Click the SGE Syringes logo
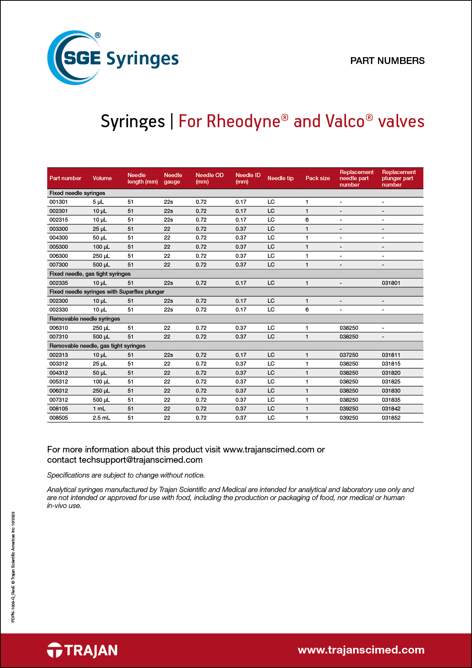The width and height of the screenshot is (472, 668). (113, 58)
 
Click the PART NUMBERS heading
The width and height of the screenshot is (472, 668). (387, 61)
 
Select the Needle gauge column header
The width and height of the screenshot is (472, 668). (173, 178)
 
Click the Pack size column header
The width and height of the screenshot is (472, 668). (317, 178)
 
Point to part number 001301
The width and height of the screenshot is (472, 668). (59, 202)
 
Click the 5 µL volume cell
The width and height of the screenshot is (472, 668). (98, 202)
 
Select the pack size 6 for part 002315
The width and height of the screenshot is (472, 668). (307, 220)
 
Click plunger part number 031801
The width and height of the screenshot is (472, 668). (391, 283)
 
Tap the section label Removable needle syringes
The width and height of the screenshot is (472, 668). (85, 319)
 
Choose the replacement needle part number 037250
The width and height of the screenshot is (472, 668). (349, 355)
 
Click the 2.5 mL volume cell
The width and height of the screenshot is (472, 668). (101, 418)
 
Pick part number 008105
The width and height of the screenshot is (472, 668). (59, 409)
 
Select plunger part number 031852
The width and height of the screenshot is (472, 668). (391, 418)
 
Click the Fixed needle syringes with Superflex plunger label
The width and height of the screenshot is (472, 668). (107, 292)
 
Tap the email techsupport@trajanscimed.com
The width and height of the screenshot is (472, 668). (140, 460)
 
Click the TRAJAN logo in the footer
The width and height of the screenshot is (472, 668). (82, 650)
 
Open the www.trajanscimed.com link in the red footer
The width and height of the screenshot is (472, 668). (361, 650)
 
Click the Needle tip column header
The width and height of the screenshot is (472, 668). (280, 178)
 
